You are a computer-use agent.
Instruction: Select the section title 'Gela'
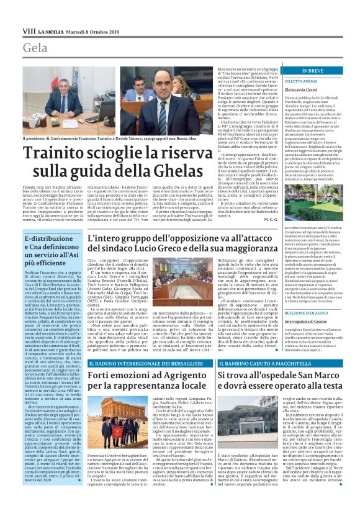pos(35,48)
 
